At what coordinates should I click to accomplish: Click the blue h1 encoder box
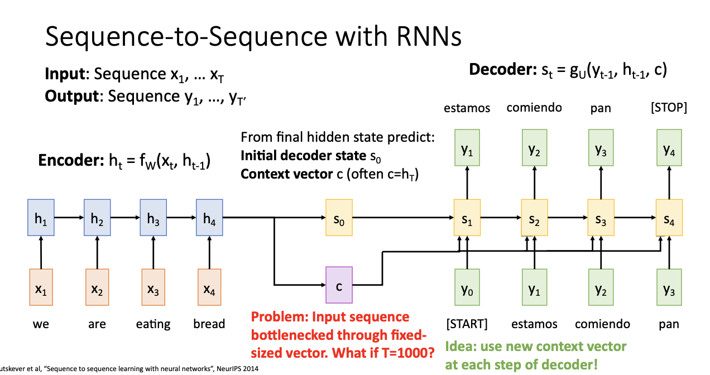[41, 218]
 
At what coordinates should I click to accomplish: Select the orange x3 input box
[153, 287]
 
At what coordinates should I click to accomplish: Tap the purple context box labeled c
[339, 285]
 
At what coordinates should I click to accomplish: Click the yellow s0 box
[339, 218]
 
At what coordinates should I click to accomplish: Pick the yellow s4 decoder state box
[669, 218]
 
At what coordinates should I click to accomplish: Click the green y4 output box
[669, 147]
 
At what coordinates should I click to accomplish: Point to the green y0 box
[467, 287]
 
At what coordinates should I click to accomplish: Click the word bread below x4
[209, 324]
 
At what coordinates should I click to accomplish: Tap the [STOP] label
[669, 108]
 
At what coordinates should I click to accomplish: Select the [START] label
[467, 324]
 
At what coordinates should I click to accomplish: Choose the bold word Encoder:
[71, 160]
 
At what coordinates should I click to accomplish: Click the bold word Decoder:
[503, 69]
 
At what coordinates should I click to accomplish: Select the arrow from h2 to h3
[125, 218]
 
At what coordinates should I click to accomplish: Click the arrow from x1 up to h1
[41, 252]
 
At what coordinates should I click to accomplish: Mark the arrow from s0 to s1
[403, 218]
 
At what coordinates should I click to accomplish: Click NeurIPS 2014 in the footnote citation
[237, 369]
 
